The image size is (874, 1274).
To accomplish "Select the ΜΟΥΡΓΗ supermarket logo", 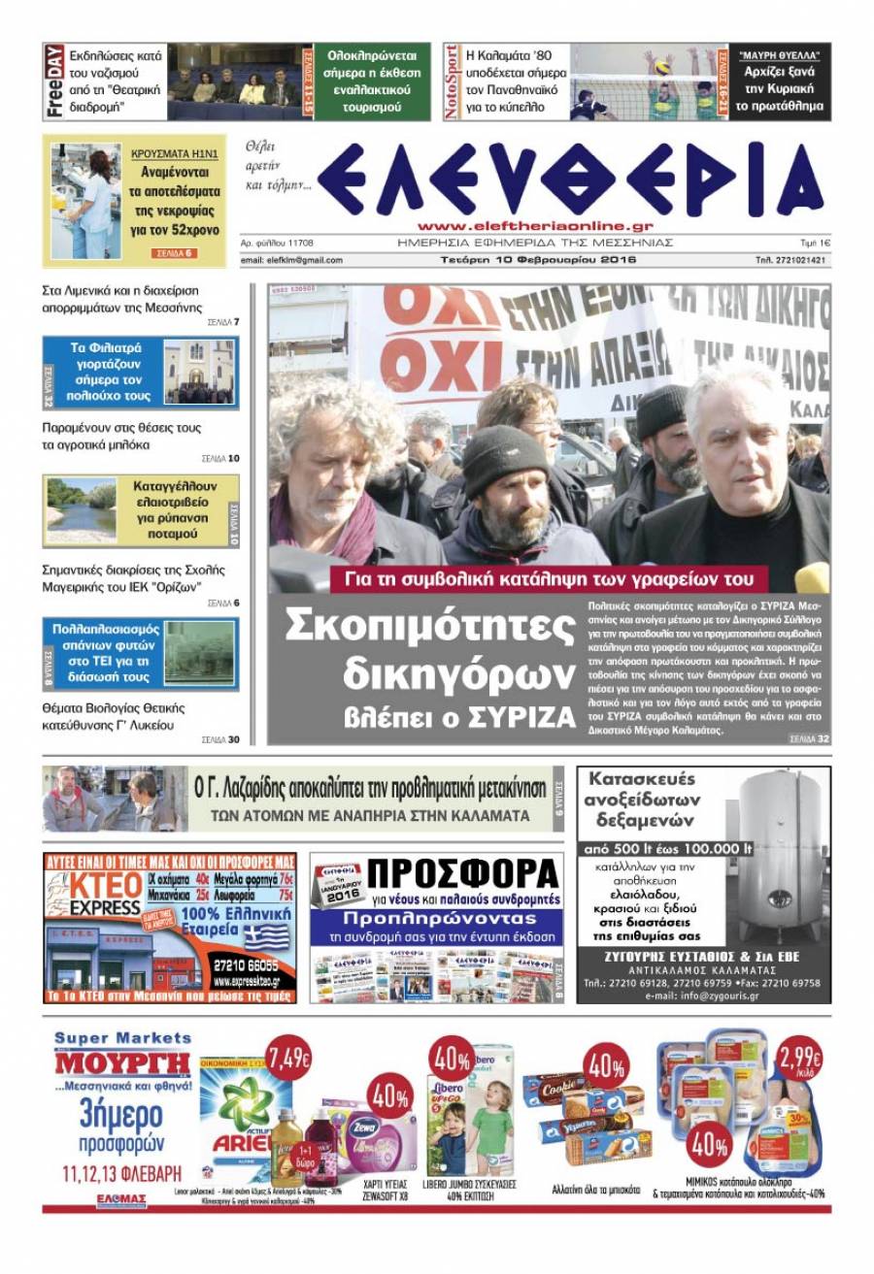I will [x=121, y=1063].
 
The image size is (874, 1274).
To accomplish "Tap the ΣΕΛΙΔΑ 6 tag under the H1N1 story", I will [x=175, y=253].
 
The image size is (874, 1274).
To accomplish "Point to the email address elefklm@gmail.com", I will [x=291, y=260].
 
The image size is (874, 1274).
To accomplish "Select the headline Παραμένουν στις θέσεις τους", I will [x=122, y=428].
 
